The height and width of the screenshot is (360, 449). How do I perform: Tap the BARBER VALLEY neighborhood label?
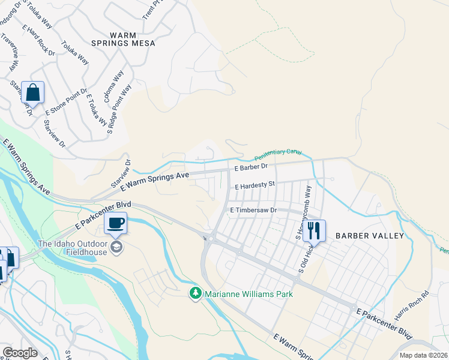pos(370,236)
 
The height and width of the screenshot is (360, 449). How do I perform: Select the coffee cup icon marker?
pos(115,224)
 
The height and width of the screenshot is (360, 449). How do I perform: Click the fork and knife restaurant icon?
pos(313,230)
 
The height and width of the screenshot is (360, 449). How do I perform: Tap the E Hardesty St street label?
pos(255,186)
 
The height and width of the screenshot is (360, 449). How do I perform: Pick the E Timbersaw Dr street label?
pos(253,210)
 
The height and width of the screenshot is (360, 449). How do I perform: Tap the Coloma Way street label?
pos(114,87)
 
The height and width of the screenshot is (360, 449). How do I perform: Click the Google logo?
pos(20,352)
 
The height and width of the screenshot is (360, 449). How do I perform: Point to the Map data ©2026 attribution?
pos(424,355)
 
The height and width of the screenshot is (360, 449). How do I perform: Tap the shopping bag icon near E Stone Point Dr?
pos(33,94)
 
